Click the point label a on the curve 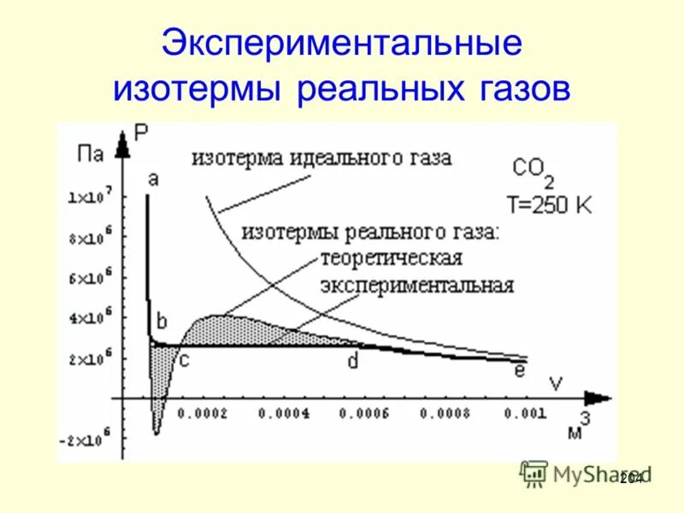pos(153,179)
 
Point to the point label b pos(162,321)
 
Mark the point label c pos(184,360)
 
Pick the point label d pos(352,361)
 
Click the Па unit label pos(91,155)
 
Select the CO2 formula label pos(534,170)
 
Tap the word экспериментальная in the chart pos(417,285)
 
